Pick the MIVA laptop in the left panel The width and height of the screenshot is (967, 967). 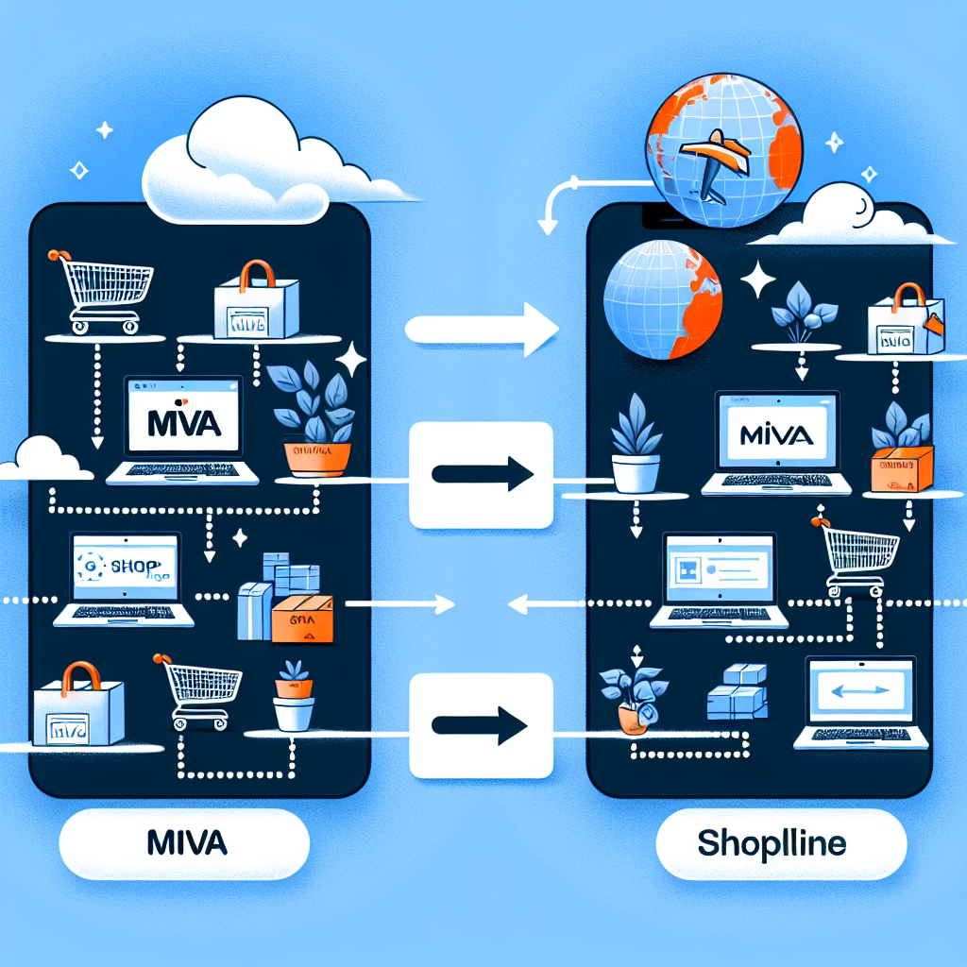click(182, 431)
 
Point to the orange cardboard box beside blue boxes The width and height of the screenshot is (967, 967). click(302, 619)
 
